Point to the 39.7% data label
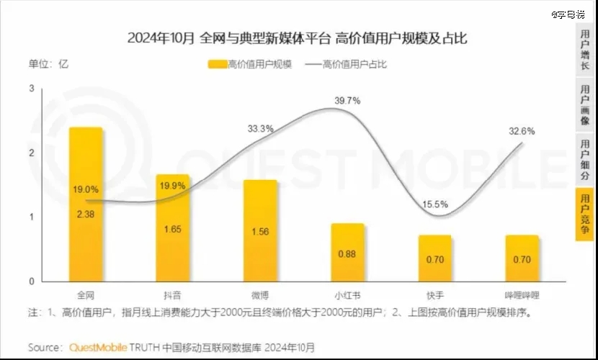[347, 101]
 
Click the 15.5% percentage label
[434, 205]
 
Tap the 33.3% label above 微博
[260, 129]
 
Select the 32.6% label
[522, 131]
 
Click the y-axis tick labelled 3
[31, 89]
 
